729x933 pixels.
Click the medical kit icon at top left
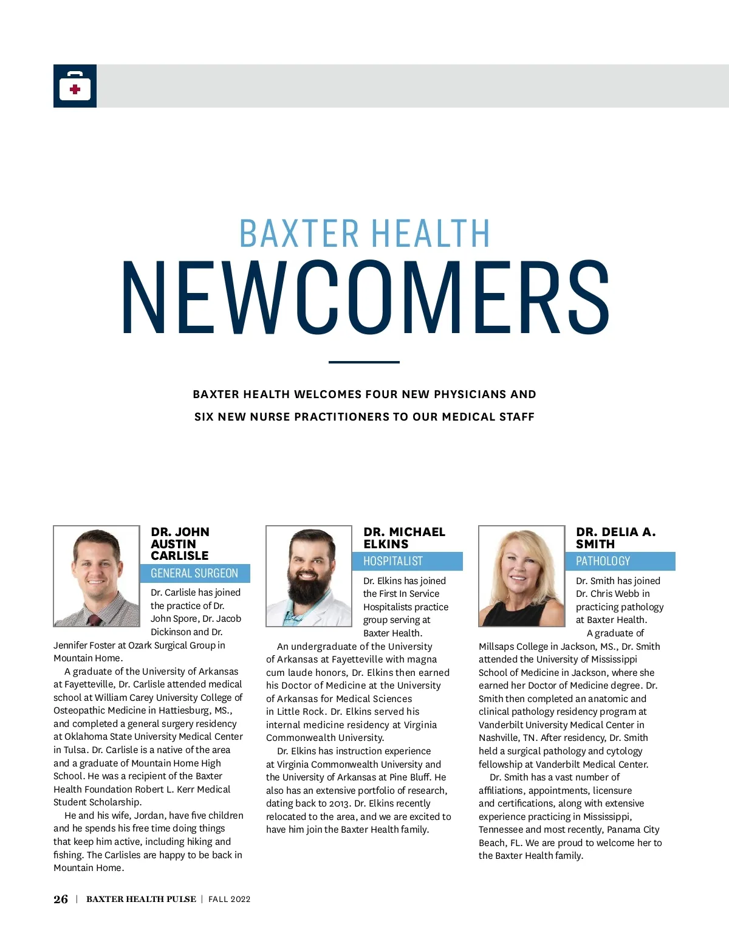point(75,86)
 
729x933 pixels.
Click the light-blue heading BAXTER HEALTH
point(364,233)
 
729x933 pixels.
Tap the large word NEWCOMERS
point(365,298)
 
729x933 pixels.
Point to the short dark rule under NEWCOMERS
point(364,362)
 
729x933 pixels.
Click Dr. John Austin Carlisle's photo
point(97,576)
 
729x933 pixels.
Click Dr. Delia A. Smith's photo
point(522,576)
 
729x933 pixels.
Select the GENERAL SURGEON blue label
point(194,573)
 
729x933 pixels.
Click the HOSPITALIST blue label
point(393,561)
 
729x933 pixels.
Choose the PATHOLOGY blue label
point(603,561)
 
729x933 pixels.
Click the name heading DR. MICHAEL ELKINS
point(404,538)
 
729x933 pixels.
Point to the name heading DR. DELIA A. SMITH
point(615,538)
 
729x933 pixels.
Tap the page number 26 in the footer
point(61,900)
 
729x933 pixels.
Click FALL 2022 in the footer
point(229,900)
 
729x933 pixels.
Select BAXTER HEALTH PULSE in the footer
point(141,900)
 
